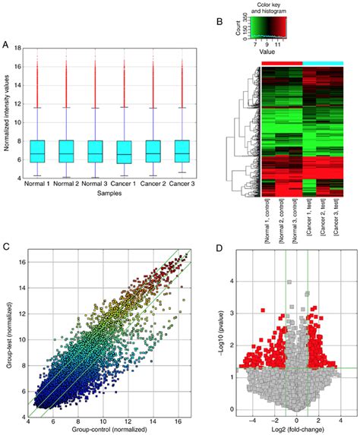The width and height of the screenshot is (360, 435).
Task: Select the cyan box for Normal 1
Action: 37,151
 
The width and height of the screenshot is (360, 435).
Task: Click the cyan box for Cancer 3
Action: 182,151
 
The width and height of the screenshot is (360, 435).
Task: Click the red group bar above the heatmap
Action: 280,64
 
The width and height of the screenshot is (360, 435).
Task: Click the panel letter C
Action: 6,247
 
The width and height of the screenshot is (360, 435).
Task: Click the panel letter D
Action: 220,247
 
